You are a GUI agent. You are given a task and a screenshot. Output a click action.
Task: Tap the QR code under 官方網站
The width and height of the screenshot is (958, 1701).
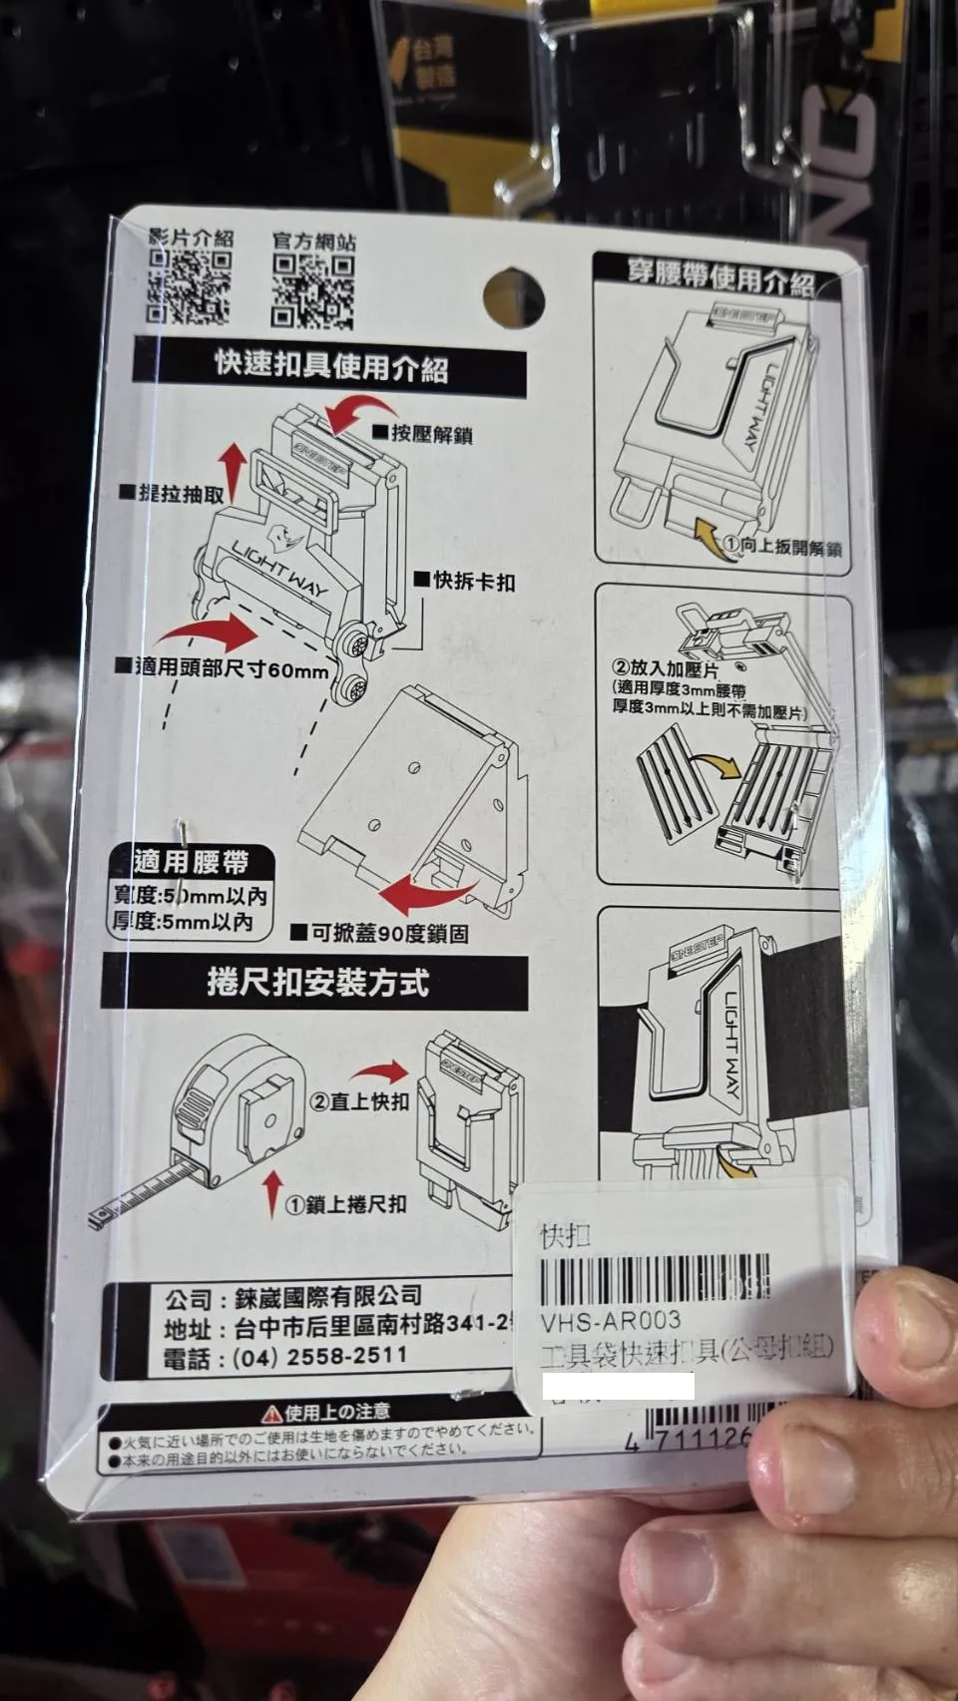312,291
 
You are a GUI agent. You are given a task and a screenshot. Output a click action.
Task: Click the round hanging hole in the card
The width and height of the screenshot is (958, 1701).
513,297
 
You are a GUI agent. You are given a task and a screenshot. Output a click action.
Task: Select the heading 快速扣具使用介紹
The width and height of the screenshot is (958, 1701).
330,366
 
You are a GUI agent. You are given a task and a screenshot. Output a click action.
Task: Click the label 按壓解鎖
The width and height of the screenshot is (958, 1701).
430,434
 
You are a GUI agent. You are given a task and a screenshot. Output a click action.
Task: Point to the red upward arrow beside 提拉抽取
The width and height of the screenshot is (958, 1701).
233,470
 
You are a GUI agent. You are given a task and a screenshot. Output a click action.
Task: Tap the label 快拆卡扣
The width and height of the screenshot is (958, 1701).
473,581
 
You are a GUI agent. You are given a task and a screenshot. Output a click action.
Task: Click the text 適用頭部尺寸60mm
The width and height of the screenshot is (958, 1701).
231,668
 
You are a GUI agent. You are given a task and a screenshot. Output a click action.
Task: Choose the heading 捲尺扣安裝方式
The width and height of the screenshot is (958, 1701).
317,983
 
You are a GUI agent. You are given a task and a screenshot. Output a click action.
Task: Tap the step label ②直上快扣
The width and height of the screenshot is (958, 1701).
359,1101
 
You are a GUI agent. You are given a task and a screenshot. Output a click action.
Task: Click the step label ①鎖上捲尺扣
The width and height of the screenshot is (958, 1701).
345,1204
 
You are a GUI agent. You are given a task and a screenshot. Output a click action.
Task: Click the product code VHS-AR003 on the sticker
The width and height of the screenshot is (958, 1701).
610,1321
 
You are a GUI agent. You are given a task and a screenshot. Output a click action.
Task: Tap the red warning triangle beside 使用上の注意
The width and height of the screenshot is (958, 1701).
271,1414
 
